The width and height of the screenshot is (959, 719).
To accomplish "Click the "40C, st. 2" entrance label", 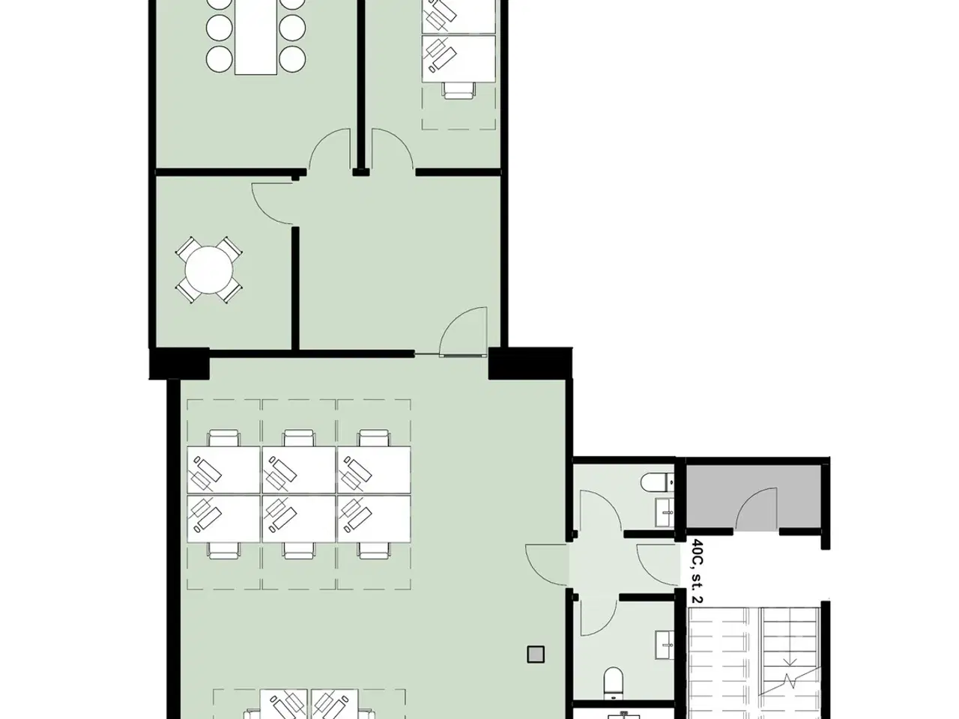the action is [x=698, y=571].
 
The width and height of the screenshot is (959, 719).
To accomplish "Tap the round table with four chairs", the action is [x=209, y=270].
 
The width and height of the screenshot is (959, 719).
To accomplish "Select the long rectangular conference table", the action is [x=256, y=37].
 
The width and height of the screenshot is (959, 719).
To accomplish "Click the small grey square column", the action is [x=536, y=655].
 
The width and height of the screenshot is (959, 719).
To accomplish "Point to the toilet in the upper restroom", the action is [x=658, y=482].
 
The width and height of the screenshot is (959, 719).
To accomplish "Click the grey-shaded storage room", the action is [x=754, y=497].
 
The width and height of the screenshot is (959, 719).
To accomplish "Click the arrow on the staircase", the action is [x=790, y=663].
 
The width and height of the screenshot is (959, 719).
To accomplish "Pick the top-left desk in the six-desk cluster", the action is [x=224, y=470].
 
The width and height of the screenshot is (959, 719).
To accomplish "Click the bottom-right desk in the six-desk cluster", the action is [x=374, y=518].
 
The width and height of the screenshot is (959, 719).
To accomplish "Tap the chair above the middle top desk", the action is [x=299, y=438].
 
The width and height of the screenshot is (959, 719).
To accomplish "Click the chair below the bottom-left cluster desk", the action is [x=224, y=550].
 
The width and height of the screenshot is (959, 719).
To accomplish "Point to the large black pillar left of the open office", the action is [x=179, y=364].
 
